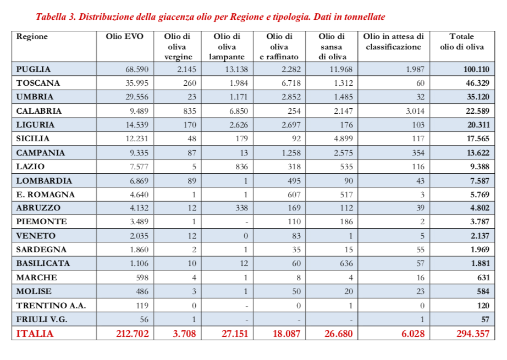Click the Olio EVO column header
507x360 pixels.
[124, 37]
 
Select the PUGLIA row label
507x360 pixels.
[34, 69]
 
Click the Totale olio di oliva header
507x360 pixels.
[462, 42]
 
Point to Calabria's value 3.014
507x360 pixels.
[412, 111]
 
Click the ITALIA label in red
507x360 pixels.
[35, 334]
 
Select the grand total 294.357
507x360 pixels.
[472, 334]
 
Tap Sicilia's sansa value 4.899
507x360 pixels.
[341, 139]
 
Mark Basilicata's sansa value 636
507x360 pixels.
[345, 264]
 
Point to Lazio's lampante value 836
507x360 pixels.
[241, 167]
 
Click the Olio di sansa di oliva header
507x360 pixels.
[332, 47]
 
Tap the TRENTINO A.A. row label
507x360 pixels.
[44, 305]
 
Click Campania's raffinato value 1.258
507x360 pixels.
[290, 153]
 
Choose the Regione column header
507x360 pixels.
[32, 37]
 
